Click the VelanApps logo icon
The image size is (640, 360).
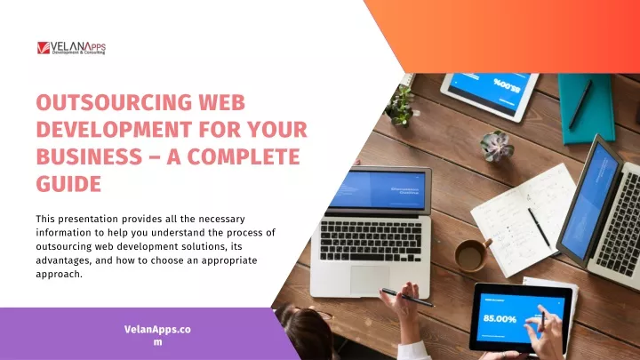click(x=44, y=48)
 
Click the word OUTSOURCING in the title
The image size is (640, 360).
click(x=114, y=102)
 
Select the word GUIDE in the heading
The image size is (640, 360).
click(x=68, y=184)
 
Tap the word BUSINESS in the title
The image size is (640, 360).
click(x=89, y=156)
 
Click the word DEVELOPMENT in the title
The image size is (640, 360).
click(x=114, y=130)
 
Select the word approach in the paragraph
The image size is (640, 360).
click(x=59, y=275)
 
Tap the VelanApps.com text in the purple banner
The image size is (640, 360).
click(x=157, y=335)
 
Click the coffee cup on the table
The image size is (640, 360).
click(x=473, y=255)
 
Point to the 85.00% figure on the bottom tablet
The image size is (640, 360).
click(x=500, y=319)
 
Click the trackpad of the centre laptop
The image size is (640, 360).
click(x=370, y=280)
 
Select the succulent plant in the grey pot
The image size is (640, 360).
click(x=496, y=145)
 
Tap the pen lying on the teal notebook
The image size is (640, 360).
click(x=580, y=105)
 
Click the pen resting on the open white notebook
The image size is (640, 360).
click(x=540, y=228)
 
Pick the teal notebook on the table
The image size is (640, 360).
click(x=586, y=108)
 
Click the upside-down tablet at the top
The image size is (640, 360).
click(x=490, y=95)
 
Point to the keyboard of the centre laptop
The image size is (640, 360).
click(x=371, y=241)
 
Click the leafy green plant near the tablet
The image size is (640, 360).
click(x=400, y=106)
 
